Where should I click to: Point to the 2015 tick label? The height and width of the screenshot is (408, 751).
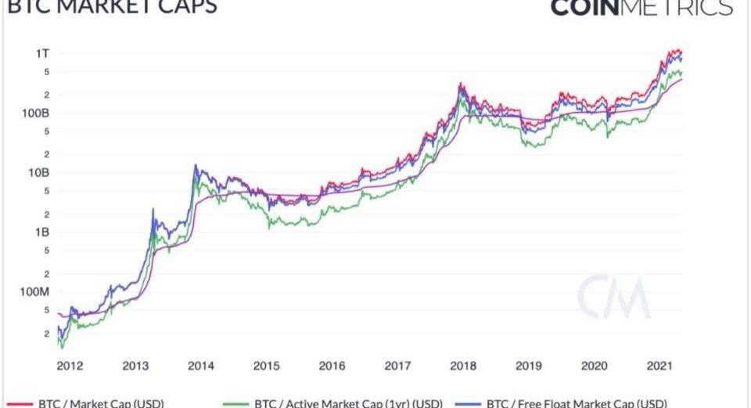(267, 365)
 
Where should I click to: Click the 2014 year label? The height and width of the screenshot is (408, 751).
(201, 365)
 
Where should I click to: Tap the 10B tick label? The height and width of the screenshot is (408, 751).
(40, 172)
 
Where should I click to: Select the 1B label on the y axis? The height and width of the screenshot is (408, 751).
(42, 232)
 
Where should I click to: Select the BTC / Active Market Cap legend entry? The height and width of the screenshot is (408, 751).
(336, 403)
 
